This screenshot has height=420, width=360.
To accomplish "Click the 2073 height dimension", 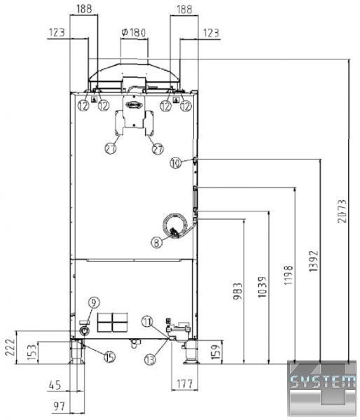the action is [342, 211].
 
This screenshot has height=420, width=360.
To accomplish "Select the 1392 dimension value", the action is [313, 261].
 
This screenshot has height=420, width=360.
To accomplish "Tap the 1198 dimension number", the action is [289, 275].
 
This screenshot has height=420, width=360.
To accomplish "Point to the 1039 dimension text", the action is [262, 288].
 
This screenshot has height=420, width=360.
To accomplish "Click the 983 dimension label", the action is [237, 291].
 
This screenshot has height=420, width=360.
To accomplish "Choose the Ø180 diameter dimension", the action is [134, 33].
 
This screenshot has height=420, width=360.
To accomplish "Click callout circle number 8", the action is [157, 243].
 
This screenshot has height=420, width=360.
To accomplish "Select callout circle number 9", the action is [94, 302].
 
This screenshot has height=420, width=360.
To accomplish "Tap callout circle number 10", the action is [176, 163].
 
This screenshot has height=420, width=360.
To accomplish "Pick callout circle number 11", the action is [147, 321].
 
